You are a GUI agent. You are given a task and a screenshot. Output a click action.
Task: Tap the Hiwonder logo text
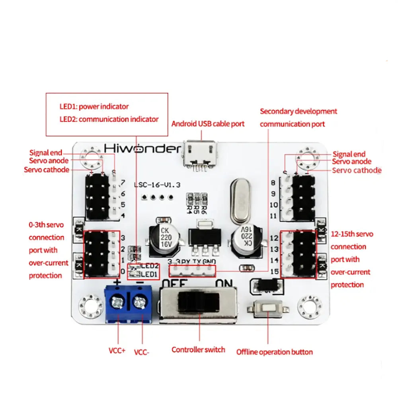coord(142,148)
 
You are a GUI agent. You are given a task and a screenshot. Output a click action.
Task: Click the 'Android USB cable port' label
coord(208,124)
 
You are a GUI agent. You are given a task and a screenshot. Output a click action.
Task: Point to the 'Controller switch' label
coord(198,350)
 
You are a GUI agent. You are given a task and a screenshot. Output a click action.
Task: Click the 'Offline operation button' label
coord(275,352)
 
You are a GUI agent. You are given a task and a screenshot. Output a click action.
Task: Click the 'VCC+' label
coord(117,351)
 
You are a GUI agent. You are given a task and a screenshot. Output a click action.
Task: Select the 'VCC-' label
coord(141,352)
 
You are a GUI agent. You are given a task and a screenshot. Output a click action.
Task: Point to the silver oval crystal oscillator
coord(240,201)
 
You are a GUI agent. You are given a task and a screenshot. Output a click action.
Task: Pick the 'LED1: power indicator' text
coord(94,106)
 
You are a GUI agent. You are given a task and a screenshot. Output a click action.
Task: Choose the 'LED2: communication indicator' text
coord(109,119)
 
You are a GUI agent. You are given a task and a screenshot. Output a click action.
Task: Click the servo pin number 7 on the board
coord(123,183)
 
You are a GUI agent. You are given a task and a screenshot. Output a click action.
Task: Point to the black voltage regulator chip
coord(205,236)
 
